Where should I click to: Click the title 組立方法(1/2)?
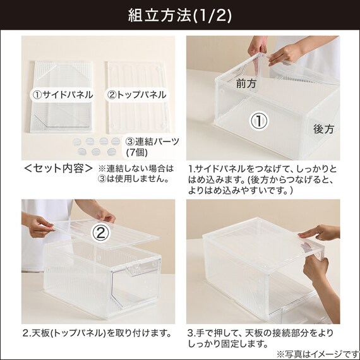click(180, 15)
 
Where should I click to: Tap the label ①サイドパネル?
click(63, 95)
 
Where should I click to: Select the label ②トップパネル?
click(137, 95)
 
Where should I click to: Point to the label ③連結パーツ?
click(152, 141)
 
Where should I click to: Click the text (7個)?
click(137, 152)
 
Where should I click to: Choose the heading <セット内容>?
click(58, 169)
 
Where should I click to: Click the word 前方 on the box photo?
click(246, 83)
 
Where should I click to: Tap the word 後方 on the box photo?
click(323, 129)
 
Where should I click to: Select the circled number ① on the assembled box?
click(259, 121)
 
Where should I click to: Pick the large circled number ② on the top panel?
click(100, 233)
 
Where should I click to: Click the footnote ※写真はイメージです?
click(318, 354)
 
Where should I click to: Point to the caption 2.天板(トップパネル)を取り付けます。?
click(97, 333)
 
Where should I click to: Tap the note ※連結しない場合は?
click(136, 169)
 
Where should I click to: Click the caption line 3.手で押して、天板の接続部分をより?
click(260, 333)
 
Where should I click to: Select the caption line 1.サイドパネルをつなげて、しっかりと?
click(263, 169)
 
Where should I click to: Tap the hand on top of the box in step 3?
click(319, 232)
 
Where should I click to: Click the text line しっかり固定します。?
click(228, 344)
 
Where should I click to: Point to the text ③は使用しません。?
click(134, 179)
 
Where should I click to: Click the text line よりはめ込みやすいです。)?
click(241, 190)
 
